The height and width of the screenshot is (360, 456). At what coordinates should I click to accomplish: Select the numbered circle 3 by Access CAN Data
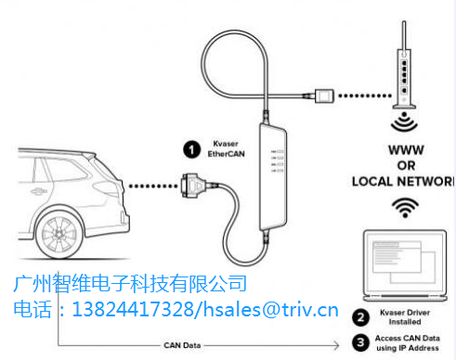point(359,341)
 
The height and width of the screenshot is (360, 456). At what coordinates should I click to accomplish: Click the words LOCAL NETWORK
point(402,180)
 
